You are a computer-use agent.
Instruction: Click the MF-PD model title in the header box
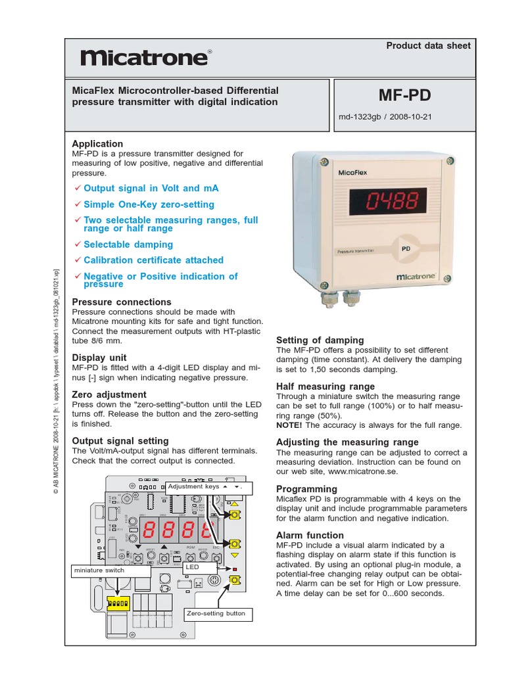click(404, 95)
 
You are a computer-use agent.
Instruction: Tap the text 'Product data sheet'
click(428, 45)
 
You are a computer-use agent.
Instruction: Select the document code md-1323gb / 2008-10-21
click(385, 118)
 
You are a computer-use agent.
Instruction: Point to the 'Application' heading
click(97, 144)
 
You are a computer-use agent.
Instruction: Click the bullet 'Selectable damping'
click(128, 244)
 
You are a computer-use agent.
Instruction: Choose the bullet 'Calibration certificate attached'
click(153, 260)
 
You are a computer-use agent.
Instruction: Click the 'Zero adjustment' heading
click(108, 395)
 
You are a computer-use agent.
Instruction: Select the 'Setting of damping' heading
click(320, 340)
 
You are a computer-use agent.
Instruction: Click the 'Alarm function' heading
click(310, 536)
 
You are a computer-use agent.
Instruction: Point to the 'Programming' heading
click(306, 489)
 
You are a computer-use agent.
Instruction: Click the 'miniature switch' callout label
click(99, 570)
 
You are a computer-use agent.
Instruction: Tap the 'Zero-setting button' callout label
click(216, 613)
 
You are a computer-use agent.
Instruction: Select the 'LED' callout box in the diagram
click(193, 566)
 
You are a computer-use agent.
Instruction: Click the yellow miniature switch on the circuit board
click(120, 602)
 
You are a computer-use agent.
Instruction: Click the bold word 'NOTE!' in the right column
click(289, 425)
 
